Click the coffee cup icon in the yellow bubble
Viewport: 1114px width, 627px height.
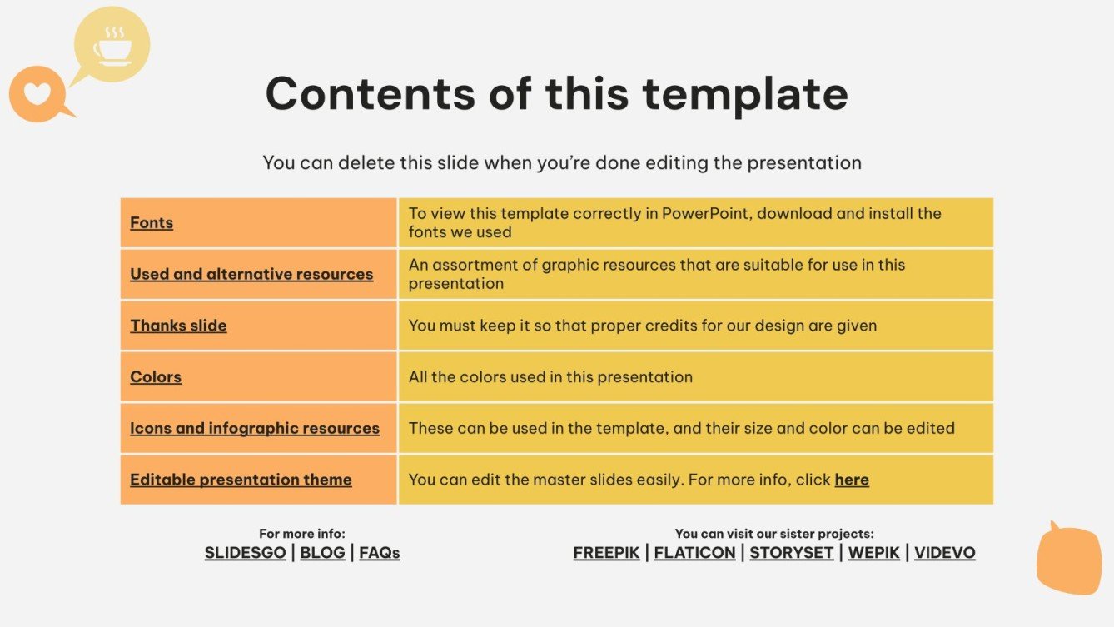click(x=112, y=47)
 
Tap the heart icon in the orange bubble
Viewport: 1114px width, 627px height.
click(x=37, y=92)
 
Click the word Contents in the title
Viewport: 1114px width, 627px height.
click(x=370, y=93)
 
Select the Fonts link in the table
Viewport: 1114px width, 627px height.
click(x=152, y=223)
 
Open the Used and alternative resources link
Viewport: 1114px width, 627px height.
click(x=251, y=274)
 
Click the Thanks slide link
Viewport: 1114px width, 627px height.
click(x=178, y=326)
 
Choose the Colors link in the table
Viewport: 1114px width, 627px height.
click(x=156, y=377)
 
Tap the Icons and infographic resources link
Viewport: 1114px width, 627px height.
click(x=255, y=429)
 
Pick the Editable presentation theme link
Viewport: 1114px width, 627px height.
click(x=241, y=480)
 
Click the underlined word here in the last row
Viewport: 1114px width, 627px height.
click(x=852, y=480)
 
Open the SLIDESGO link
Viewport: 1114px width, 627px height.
click(x=245, y=553)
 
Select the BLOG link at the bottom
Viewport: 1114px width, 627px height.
click(x=322, y=553)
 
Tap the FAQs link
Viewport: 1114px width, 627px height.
click(x=380, y=553)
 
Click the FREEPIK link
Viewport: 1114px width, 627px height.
click(x=607, y=553)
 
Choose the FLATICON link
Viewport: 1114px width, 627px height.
click(x=694, y=553)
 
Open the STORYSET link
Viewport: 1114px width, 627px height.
click(x=791, y=553)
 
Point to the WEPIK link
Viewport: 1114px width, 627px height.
click(x=874, y=553)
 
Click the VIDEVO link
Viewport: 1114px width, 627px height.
click(x=944, y=553)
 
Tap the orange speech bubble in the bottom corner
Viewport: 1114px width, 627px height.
click(x=1068, y=560)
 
